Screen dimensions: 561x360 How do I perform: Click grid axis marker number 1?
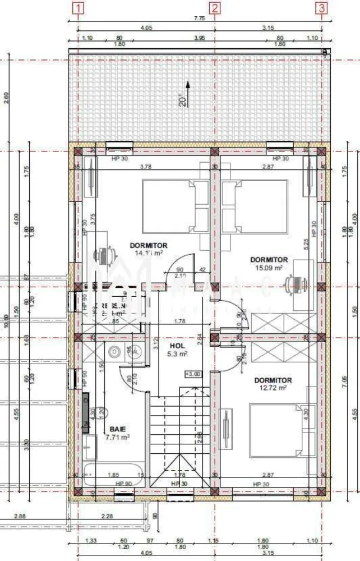pos(79,8)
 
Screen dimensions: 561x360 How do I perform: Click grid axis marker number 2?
pos(215,8)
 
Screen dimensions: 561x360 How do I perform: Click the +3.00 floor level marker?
pos(192,374)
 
